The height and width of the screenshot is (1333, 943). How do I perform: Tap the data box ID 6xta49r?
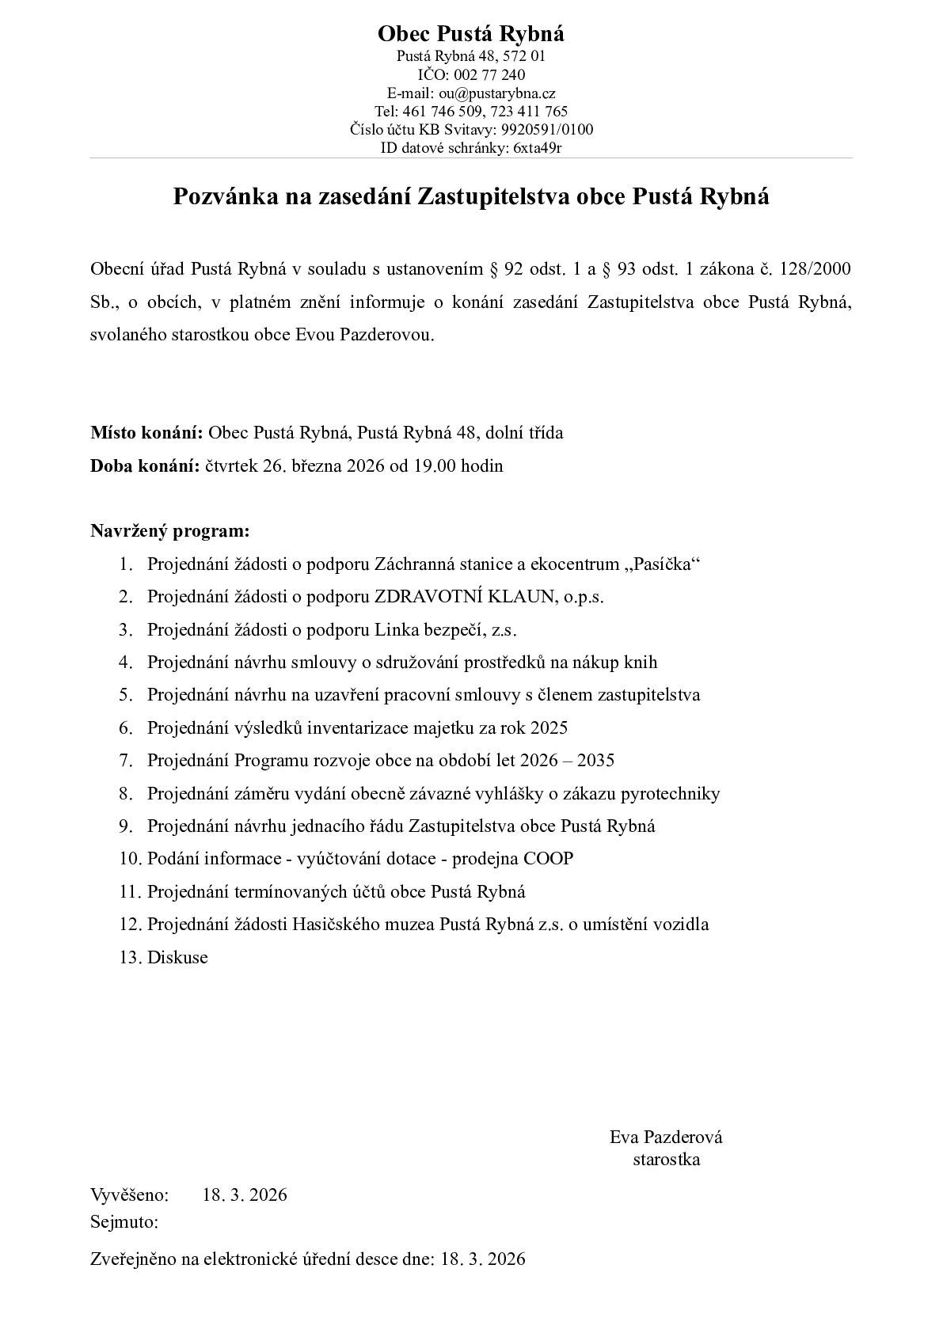(538, 147)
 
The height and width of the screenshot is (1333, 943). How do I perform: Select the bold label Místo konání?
(147, 433)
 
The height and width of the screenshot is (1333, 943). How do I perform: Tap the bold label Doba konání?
(146, 465)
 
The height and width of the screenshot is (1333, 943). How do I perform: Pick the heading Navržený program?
(169, 530)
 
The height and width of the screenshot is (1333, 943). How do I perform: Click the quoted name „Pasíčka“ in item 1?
(663, 564)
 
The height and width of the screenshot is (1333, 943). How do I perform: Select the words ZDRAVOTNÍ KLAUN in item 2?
(465, 597)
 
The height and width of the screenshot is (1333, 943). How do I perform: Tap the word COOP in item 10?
(548, 859)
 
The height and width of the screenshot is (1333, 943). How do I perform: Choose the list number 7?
(125, 761)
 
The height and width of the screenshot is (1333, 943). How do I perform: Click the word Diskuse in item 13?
(177, 958)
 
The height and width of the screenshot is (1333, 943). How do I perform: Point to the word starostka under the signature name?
(666, 1160)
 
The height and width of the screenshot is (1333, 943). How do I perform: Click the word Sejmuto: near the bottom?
(124, 1222)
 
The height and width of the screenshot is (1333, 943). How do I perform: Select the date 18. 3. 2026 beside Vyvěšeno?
(245, 1195)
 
